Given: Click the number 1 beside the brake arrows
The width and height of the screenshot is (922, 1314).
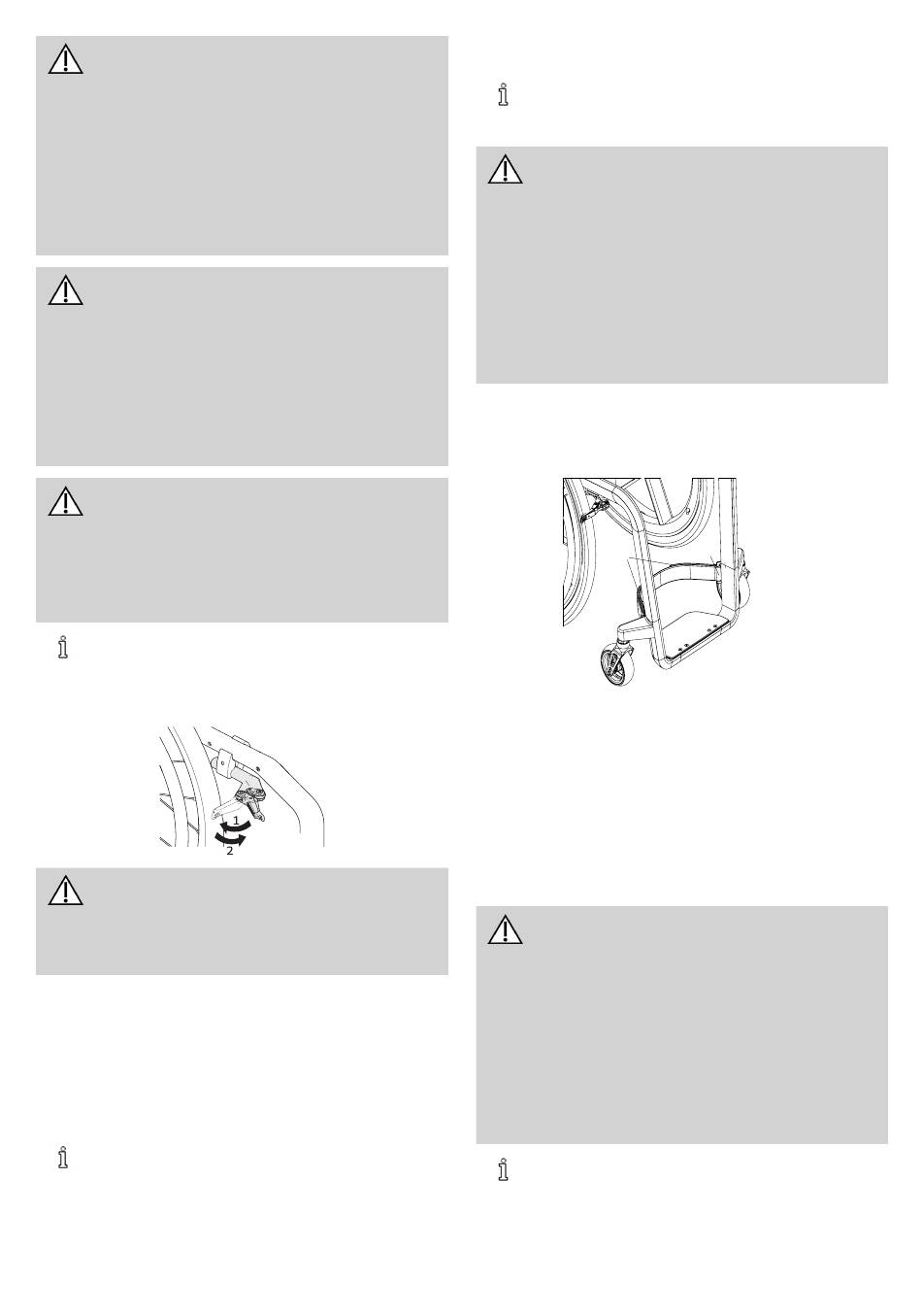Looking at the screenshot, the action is tap(236, 820).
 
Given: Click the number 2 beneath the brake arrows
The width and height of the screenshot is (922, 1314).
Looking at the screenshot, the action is tap(230, 851).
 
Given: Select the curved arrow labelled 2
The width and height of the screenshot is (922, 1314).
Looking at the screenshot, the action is tap(230, 840).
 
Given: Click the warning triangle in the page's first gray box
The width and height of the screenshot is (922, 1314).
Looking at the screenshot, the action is tap(66, 59).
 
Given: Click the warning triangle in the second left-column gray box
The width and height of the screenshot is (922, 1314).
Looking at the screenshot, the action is tap(66, 290).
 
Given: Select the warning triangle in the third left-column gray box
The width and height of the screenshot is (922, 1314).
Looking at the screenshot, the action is tap(66, 501).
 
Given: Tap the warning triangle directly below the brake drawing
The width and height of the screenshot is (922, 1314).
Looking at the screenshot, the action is tap(66, 891).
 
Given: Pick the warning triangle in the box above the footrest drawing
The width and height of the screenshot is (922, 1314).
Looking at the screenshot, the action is tap(506, 170).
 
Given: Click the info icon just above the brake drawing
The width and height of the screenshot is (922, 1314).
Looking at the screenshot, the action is tap(63, 648).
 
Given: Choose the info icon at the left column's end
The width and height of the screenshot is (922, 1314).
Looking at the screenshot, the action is tap(63, 1158).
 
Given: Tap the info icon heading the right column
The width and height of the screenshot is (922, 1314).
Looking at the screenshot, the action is tap(503, 94).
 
